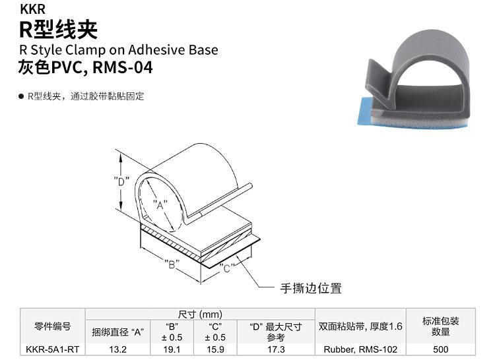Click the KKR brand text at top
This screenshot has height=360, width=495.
[x=32, y=10]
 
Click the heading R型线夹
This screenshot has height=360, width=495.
[x=58, y=29]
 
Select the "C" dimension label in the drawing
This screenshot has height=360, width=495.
[x=226, y=268]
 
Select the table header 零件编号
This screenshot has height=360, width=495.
[x=52, y=326]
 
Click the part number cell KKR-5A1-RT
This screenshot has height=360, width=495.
[x=52, y=349]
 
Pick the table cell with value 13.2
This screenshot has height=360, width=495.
[x=117, y=349]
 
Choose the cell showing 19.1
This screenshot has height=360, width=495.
[x=172, y=349]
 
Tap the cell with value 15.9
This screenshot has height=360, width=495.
[x=215, y=349]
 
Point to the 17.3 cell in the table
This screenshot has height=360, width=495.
[x=277, y=349]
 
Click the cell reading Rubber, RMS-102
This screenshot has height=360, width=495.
[x=360, y=349]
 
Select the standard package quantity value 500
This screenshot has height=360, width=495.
[x=441, y=349]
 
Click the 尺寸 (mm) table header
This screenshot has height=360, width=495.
[x=201, y=314]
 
